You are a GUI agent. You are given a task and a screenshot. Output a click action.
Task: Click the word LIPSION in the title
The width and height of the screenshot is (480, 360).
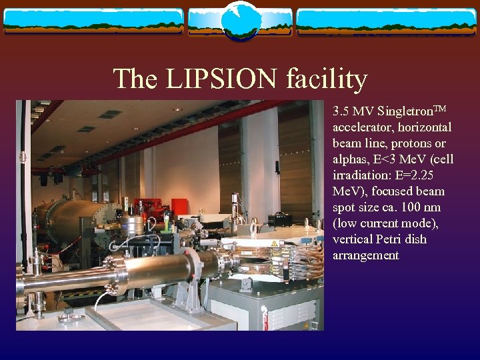(x=221, y=79)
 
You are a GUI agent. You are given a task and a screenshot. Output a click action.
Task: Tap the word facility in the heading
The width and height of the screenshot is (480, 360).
(x=327, y=79)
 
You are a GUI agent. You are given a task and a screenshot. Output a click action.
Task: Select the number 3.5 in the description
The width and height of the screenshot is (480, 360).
(x=342, y=111)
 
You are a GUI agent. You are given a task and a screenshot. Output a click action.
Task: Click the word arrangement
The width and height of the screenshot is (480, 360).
(x=365, y=255)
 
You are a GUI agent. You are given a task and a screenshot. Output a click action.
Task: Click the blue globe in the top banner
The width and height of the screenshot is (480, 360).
(x=240, y=21)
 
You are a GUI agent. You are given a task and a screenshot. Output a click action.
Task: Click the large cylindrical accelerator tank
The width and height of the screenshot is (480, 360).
(x=67, y=220)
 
